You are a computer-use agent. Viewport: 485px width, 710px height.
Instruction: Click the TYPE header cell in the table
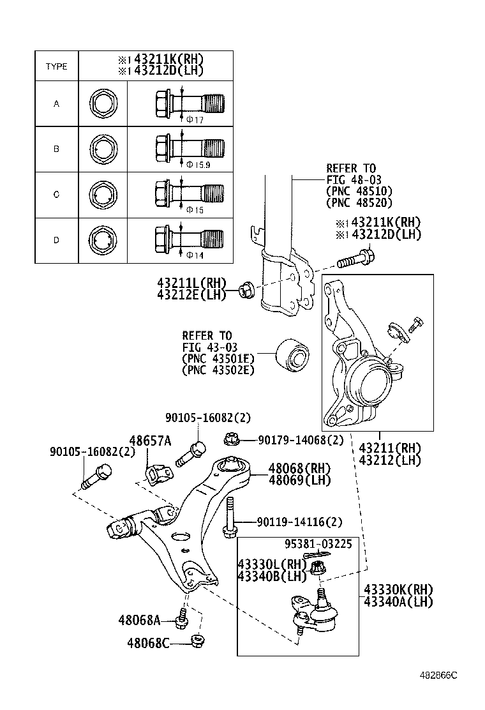point(56,66)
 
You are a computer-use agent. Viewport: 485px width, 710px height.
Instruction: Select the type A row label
point(56,103)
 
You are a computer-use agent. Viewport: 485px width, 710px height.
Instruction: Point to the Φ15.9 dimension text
point(198,164)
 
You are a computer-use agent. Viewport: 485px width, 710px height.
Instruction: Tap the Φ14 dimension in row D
point(195,255)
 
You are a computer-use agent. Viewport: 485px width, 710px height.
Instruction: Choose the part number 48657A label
point(150,441)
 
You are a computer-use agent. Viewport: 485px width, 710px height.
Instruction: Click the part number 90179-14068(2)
point(301,440)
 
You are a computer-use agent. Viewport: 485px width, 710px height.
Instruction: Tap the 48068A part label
point(138,619)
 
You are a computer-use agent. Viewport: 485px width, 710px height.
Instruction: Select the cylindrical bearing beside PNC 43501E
point(292,354)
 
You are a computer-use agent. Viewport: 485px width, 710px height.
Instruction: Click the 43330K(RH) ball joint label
point(398,589)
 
